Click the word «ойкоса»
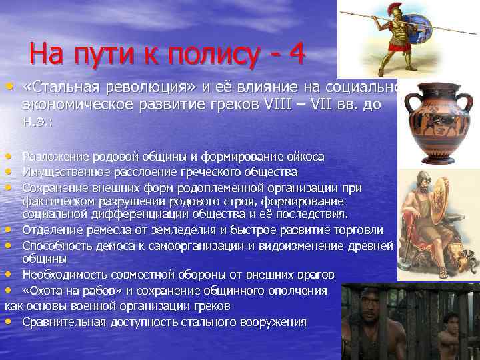coord(304,157)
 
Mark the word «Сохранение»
coord(53,187)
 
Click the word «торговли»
coord(359,230)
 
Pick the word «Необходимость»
coord(62,275)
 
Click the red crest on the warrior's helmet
coord(394,9)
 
